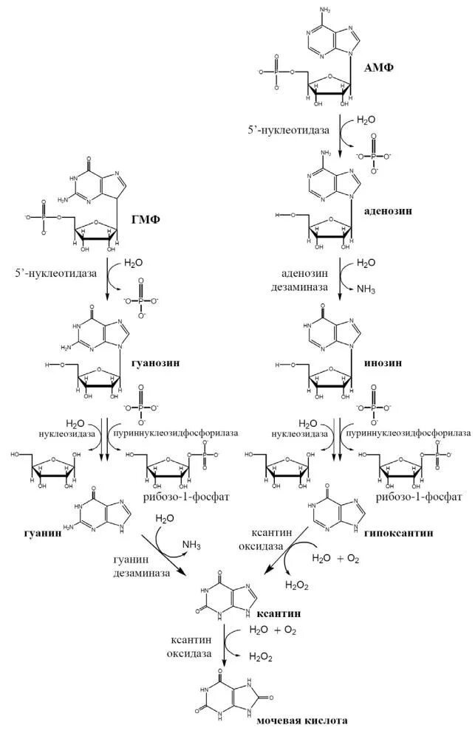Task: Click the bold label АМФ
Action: [379, 68]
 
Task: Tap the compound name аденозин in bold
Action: [388, 210]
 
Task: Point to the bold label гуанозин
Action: [157, 363]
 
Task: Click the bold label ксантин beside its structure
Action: [278, 613]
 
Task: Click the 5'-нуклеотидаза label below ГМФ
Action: [56, 273]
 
